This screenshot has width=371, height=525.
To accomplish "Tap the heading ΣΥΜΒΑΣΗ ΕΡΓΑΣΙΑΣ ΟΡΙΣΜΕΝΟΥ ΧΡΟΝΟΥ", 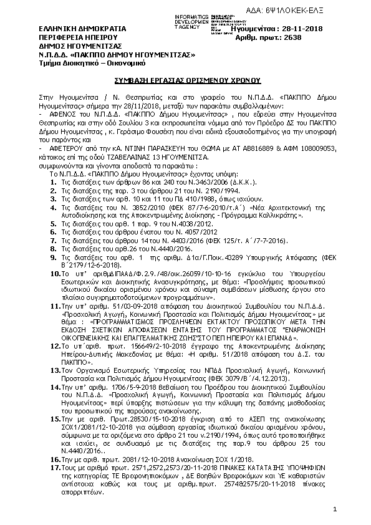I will click(185, 80).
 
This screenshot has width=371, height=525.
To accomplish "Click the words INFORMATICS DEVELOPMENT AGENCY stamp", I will click(191, 19).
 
